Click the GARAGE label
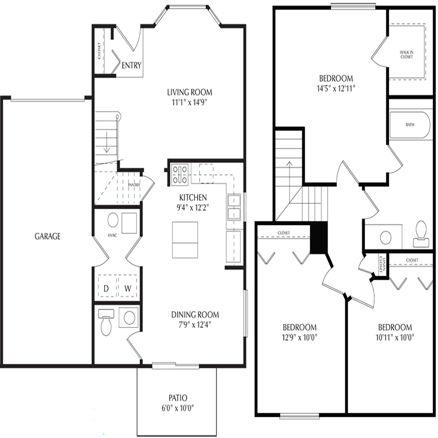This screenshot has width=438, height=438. [x=47, y=237]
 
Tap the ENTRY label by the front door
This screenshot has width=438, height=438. [x=131, y=65]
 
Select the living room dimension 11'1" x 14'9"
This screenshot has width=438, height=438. [x=189, y=102]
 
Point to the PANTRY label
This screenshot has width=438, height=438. [x=134, y=185]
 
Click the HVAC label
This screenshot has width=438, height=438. [x=112, y=236]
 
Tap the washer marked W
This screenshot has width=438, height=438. [x=127, y=286]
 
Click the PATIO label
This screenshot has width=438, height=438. [x=178, y=398]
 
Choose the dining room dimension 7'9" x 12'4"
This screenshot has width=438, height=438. [x=195, y=325]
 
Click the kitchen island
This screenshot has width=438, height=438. [x=185, y=240]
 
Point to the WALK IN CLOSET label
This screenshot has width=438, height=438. [x=406, y=54]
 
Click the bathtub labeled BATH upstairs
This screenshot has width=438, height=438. [x=410, y=125]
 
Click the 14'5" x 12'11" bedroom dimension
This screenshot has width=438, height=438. [x=336, y=88]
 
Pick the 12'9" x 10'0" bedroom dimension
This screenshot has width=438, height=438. [x=300, y=337]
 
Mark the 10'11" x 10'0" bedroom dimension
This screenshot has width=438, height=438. [x=395, y=337]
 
